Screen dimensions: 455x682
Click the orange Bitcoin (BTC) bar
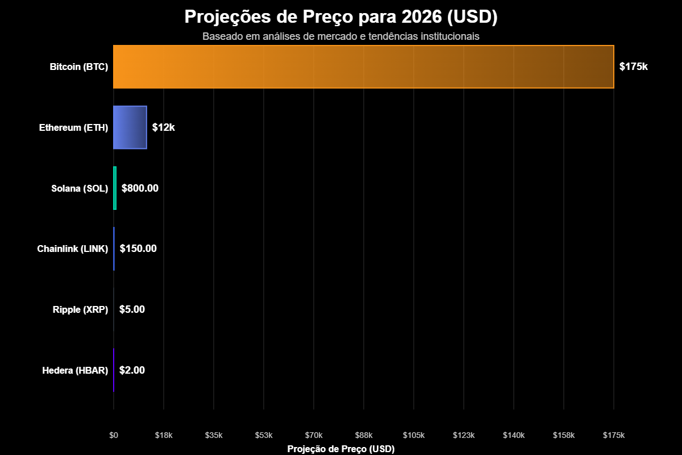pyautogui.click(x=364, y=67)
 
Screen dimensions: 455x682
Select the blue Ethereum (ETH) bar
pyautogui.click(x=130, y=127)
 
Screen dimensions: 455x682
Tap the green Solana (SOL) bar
pyautogui.click(x=115, y=188)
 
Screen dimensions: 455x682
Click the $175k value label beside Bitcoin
pyautogui.click(x=633, y=67)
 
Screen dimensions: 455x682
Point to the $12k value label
pyautogui.click(x=163, y=127)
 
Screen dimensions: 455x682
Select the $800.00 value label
pyautogui.click(x=140, y=188)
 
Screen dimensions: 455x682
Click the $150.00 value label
pyautogui.click(x=138, y=249)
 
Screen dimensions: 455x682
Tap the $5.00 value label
pyautogui.click(x=132, y=309)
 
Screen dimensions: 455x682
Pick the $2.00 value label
pyautogui.click(x=132, y=370)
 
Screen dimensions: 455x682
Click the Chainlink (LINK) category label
pyautogui.click(x=72, y=249)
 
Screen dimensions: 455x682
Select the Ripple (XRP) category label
pyautogui.click(x=80, y=309)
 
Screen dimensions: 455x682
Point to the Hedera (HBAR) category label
pyautogui.click(x=75, y=370)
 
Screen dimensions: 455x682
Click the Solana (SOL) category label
pyautogui.click(x=80, y=188)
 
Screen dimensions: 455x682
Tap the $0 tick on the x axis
pyautogui.click(x=114, y=435)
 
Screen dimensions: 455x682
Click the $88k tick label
pyautogui.click(x=364, y=435)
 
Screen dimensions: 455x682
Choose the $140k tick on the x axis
pyautogui.click(x=514, y=435)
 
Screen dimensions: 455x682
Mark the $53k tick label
pyautogui.click(x=264, y=435)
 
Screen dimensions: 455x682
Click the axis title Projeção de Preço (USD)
pyautogui.click(x=341, y=449)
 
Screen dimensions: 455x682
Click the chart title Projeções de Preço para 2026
pyautogui.click(x=341, y=17)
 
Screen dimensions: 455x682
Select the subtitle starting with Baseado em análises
pyautogui.click(x=341, y=36)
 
